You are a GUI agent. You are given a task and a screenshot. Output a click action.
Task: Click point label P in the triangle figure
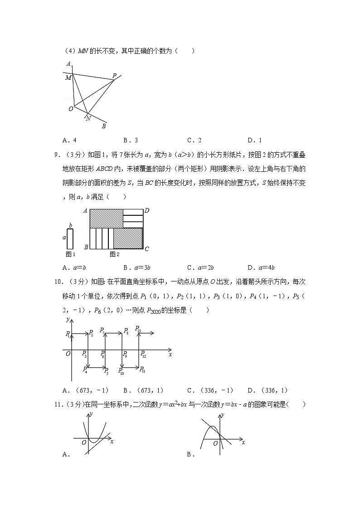(x=114, y=76)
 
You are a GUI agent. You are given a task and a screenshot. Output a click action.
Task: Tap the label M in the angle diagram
(x=68, y=78)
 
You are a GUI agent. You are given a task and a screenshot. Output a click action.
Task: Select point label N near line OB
(x=88, y=119)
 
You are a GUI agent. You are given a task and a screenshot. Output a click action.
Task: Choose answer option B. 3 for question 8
(x=130, y=140)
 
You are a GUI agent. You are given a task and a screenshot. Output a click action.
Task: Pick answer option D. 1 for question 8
(x=254, y=140)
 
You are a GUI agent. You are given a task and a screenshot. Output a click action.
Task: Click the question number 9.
(x=57, y=155)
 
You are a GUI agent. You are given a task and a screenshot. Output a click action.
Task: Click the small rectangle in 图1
(x=70, y=238)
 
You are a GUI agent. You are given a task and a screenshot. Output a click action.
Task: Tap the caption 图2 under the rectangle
(x=114, y=254)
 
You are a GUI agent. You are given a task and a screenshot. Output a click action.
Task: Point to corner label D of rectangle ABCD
(x=146, y=211)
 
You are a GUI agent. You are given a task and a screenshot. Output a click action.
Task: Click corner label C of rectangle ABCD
(x=146, y=248)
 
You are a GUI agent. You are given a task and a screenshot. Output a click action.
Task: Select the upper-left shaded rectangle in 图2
(x=106, y=218)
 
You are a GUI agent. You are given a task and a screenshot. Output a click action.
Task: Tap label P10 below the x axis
(x=121, y=371)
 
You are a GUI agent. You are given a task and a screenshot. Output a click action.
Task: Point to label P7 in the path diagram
(x=102, y=330)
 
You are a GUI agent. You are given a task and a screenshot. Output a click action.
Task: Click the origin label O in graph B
(x=215, y=443)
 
